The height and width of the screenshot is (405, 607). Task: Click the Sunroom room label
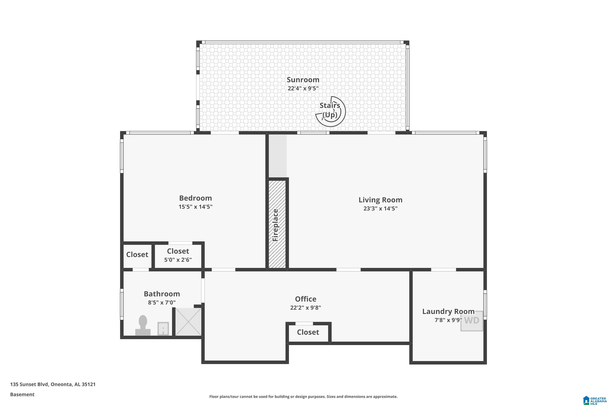point(303,80)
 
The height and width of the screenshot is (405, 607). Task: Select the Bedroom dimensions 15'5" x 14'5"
point(196,207)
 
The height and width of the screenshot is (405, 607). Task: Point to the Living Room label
point(380,200)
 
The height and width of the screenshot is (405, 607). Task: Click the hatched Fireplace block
point(277,224)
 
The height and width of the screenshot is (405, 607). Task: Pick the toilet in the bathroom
point(143,325)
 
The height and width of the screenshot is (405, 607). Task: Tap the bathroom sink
point(163,328)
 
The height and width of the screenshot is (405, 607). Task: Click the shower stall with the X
point(188,322)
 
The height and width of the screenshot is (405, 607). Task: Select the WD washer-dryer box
point(472,321)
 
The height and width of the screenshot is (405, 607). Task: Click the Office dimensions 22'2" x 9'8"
point(306,308)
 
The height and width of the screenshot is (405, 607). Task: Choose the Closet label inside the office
point(308,332)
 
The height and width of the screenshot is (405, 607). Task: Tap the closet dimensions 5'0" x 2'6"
point(178,260)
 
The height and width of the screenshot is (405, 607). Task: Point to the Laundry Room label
point(448,311)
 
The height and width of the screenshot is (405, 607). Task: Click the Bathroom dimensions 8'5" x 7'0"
point(162,303)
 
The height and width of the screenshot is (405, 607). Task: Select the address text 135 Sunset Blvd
point(29,384)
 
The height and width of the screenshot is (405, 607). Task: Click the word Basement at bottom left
point(22,394)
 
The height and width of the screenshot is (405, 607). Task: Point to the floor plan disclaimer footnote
point(303,396)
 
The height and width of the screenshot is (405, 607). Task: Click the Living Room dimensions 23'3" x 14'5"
point(380,208)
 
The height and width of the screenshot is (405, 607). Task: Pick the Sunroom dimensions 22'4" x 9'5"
point(303,88)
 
